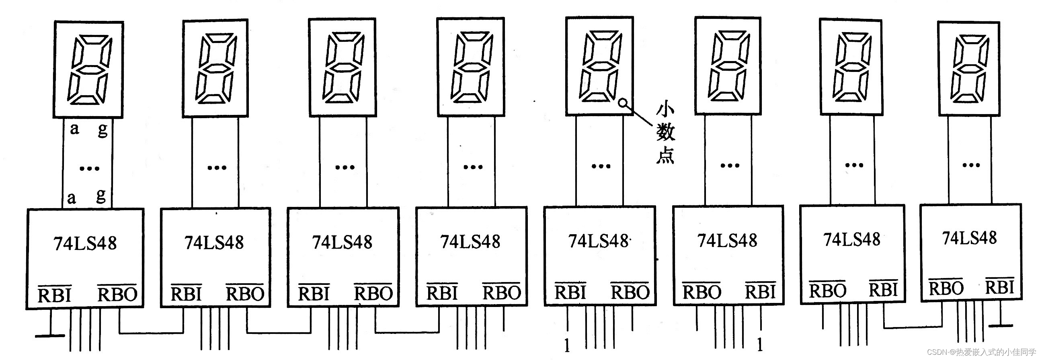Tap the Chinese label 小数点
pyautogui.click(x=665, y=133)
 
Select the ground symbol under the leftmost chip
pyautogui.click(x=50, y=335)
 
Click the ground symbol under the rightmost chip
pyautogui.click(x=1001, y=325)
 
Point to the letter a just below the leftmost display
pyautogui.click(x=74, y=129)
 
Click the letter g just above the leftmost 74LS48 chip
pyautogui.click(x=101, y=195)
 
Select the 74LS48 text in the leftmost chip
pyautogui.click(x=85, y=243)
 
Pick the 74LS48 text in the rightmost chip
pyautogui.click(x=969, y=238)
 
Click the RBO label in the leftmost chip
pyautogui.click(x=117, y=294)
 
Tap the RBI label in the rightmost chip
pyautogui.click(x=999, y=287)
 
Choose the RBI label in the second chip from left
pyautogui.click(x=186, y=294)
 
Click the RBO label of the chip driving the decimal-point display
pyautogui.click(x=630, y=292)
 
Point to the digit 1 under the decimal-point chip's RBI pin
pyautogui.click(x=567, y=346)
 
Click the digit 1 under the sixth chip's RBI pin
pyautogui.click(x=760, y=345)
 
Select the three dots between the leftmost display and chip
pyautogui.click(x=89, y=168)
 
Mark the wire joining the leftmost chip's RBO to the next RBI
pyautogui.click(x=150, y=333)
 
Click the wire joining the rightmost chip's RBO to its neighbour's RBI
pyautogui.click(x=913, y=327)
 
